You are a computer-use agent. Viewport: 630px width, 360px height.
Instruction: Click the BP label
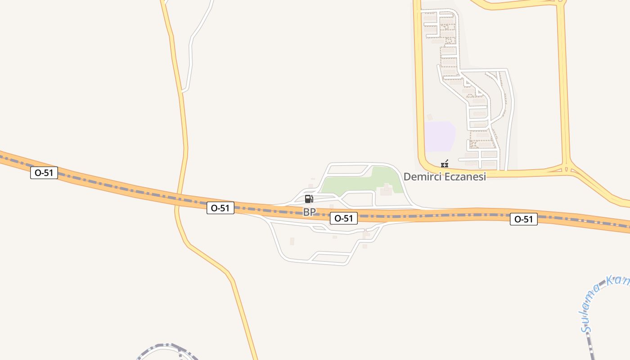point(309,212)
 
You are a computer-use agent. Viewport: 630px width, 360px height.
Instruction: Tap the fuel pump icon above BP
point(309,199)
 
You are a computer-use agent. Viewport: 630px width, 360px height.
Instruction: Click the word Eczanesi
point(465,177)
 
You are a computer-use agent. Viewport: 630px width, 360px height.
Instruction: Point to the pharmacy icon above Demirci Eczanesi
point(445,164)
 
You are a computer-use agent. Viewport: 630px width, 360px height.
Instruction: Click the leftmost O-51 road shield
point(44,173)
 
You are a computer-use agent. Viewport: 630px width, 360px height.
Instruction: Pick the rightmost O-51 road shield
point(524,220)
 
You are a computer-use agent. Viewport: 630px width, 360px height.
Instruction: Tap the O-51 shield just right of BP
point(344,219)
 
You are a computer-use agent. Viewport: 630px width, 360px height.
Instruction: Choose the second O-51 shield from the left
point(220,208)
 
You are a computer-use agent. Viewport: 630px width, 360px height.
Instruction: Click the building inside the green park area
point(386,190)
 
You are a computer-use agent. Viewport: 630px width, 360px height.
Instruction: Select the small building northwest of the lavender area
point(430,117)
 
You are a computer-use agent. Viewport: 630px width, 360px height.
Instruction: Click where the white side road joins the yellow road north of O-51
point(182,91)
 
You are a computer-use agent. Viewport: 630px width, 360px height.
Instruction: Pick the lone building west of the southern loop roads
point(292,241)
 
